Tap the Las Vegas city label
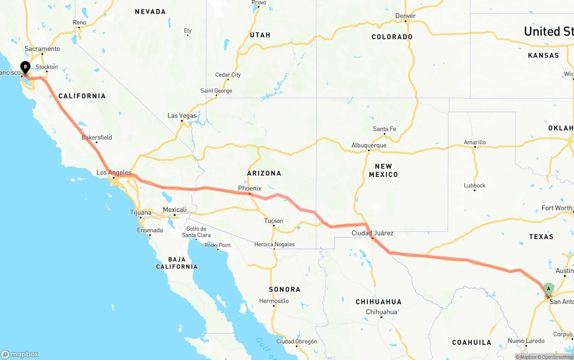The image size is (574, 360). [x=182, y=116]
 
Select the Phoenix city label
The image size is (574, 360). [x=250, y=188]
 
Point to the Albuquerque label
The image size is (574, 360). [x=369, y=145]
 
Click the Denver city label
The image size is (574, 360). [x=405, y=16]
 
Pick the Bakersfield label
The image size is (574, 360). [x=97, y=138]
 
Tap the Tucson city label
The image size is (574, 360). [x=274, y=221]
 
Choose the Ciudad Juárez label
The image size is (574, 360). [x=373, y=233]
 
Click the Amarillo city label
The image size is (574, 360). [x=475, y=143]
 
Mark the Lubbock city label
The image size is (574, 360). [x=475, y=186]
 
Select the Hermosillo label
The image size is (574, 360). [x=274, y=301]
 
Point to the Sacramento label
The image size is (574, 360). [x=42, y=49]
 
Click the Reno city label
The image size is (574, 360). [x=79, y=22]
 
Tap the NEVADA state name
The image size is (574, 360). [x=150, y=12]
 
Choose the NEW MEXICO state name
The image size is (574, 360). [x=383, y=170]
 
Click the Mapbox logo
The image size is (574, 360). [x=20, y=354]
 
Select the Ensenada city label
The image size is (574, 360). [x=150, y=230]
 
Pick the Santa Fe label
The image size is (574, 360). [x=385, y=129]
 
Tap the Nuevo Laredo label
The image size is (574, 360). [x=526, y=341]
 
